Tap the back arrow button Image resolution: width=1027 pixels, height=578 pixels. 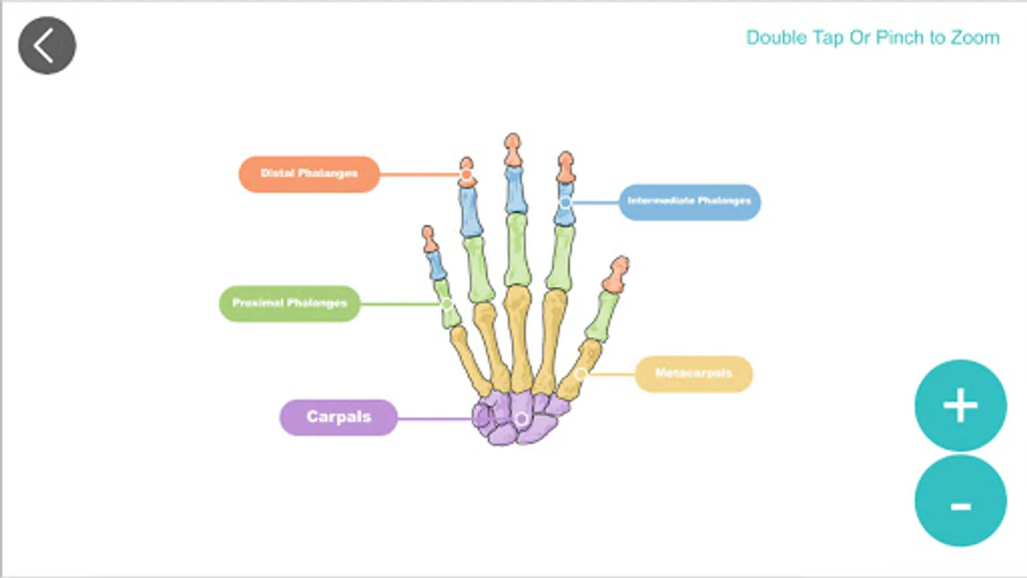[47, 46]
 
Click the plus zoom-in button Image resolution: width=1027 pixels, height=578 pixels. [960, 405]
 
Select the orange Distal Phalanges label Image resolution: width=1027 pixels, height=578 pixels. [309, 174]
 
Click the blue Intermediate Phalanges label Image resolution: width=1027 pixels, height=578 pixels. [689, 202]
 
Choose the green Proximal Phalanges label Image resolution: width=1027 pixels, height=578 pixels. [289, 303]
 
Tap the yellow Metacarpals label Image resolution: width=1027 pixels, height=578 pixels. [693, 373]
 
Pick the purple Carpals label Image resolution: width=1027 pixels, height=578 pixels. [338, 417]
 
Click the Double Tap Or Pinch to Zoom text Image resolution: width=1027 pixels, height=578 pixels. [872, 38]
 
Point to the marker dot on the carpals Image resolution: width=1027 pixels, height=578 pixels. [521, 419]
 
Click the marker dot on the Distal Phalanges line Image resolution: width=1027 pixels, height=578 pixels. [467, 174]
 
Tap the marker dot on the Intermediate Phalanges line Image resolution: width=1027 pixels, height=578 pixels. [565, 203]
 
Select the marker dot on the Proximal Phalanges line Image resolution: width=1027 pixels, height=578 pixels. [447, 304]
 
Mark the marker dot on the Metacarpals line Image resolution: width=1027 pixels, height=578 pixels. [581, 374]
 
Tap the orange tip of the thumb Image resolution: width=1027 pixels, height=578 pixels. [616, 274]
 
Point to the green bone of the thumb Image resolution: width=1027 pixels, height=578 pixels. [601, 316]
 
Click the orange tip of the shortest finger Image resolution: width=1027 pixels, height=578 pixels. [429, 240]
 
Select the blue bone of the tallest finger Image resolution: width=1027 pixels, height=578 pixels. [515, 190]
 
